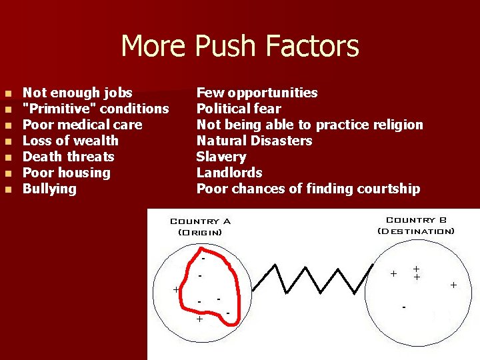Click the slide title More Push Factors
(240, 47)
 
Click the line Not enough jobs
(77, 93)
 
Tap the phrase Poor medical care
(82, 125)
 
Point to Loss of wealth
(71, 141)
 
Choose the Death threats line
(69, 157)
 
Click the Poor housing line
(67, 173)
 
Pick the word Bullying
(50, 189)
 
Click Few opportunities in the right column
(257, 93)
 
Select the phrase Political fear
(239, 109)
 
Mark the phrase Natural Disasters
(254, 141)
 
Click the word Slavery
(221, 157)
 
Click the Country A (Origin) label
(200, 227)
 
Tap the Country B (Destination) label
(416, 225)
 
